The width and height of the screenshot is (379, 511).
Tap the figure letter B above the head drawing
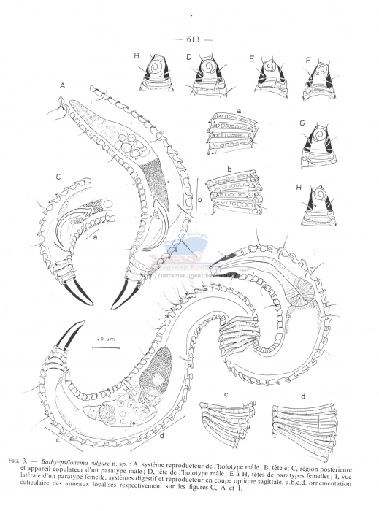click(x=137, y=55)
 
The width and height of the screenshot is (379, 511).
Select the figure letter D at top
click(x=188, y=56)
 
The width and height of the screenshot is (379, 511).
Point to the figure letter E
click(x=251, y=58)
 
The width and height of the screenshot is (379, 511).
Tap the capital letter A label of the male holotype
click(x=63, y=85)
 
